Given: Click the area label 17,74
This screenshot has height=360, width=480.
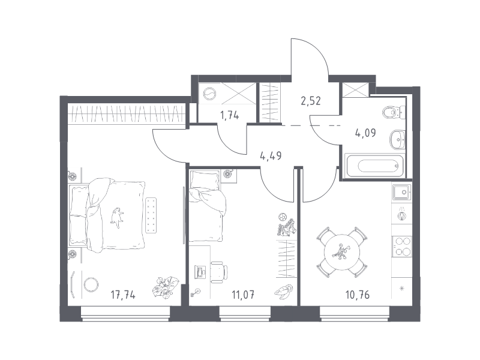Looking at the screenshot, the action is pos(123,295).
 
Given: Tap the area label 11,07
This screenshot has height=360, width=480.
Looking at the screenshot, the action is pos(243,295).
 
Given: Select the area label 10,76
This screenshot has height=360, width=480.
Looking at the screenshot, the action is pos(357,295).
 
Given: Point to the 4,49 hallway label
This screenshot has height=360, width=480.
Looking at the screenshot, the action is pos(271,156).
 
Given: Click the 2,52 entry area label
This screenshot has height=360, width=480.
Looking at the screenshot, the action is pos(311,101).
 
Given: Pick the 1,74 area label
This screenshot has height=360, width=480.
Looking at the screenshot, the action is pos(230,115).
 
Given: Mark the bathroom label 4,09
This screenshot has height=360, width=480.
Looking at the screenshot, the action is pos(365,133).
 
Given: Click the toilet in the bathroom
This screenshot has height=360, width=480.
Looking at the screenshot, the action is pos(394,112).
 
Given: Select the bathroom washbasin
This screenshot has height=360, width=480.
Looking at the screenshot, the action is pos(398,140).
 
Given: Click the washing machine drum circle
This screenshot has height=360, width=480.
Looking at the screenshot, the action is pos(209,94).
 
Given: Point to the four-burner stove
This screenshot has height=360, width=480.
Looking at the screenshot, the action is pos(402,247).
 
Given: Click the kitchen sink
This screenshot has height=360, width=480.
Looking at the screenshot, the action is pos(402,192).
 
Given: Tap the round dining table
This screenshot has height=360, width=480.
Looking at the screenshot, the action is pos(342,252).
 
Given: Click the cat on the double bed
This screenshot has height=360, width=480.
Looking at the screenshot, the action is pos(117,217).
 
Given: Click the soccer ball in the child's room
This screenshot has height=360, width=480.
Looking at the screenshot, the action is pos(282,217).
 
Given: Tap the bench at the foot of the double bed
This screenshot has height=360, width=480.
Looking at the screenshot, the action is pos(151,215).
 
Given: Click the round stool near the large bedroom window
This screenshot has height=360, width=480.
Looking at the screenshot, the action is pos(91,284).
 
